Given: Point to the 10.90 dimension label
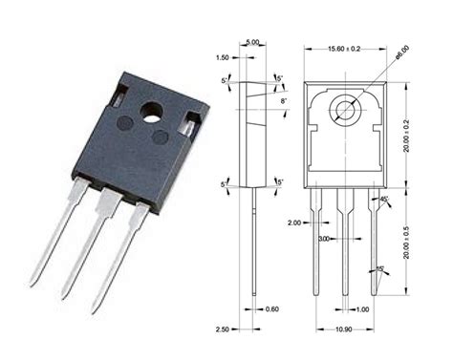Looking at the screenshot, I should [x=344, y=330].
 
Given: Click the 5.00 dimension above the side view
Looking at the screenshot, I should [x=253, y=44].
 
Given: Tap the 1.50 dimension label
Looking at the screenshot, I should [x=222, y=57].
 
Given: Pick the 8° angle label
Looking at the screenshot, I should [x=284, y=98].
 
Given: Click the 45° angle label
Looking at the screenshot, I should [x=383, y=200].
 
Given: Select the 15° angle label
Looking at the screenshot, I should [x=381, y=269].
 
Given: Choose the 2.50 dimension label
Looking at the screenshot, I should [x=223, y=330].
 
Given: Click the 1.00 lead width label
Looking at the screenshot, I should [x=362, y=308].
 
